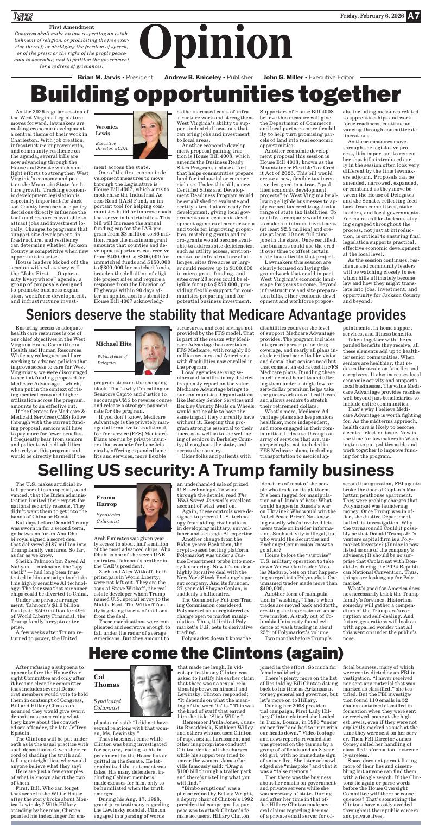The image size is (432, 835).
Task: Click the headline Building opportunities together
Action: coord(216,96)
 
